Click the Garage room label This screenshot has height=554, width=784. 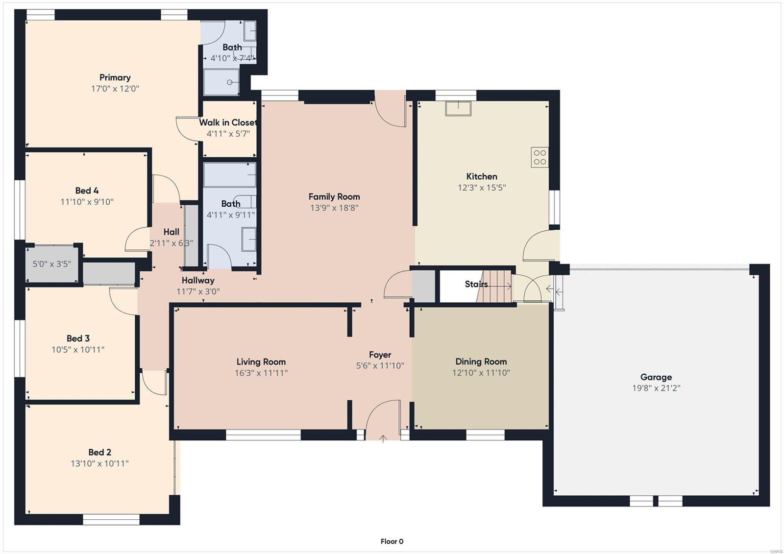tap(656, 377)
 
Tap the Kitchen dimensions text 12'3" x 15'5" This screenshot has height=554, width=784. tap(482, 188)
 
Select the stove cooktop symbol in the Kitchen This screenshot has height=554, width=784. tap(539, 157)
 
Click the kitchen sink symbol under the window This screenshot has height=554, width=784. tap(458, 108)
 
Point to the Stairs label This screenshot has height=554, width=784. tap(476, 284)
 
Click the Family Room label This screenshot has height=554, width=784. tap(334, 197)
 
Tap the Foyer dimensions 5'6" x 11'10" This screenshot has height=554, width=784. tap(380, 366)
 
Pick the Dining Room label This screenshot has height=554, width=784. tap(481, 361)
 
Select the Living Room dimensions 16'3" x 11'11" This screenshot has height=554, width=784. tap(261, 373)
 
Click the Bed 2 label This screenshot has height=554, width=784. tap(100, 452)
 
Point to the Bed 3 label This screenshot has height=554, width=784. tap(78, 338)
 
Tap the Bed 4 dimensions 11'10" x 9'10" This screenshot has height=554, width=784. tap(87, 202)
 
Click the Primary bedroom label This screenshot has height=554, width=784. tap(115, 77)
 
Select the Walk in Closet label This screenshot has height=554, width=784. tap(228, 122)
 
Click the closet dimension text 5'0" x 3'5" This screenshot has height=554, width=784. tap(52, 264)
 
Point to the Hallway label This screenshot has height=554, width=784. tap(198, 280)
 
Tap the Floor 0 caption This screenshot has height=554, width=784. tap(392, 541)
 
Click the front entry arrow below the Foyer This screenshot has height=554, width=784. tap(383, 438)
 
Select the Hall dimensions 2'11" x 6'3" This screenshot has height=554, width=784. tap(171, 243)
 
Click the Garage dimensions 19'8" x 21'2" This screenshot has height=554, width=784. tap(656, 388)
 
